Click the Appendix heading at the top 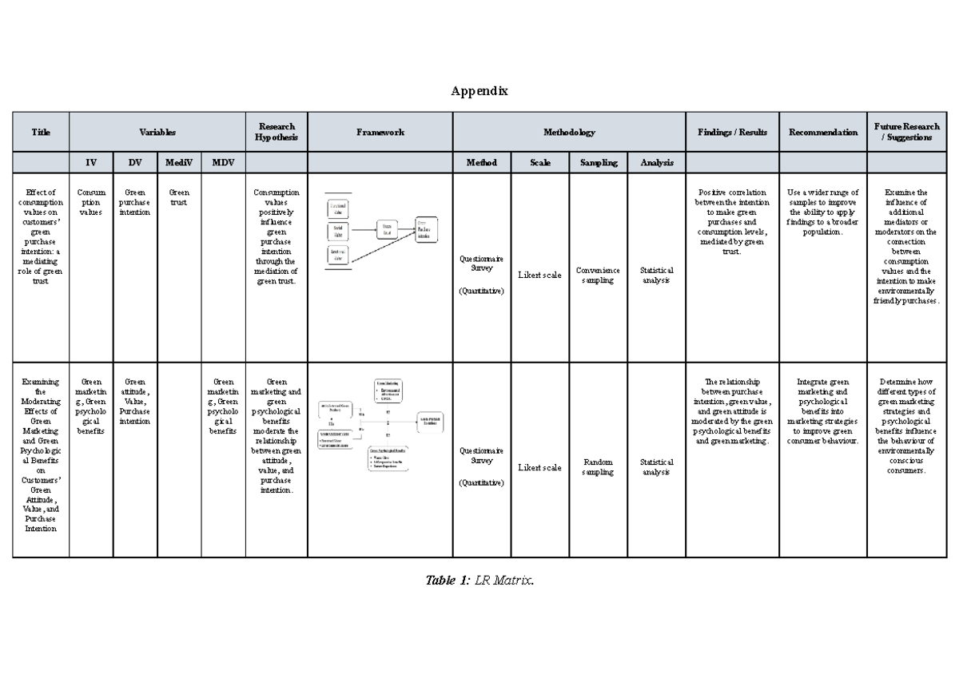point(479,91)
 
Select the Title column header point(41,132)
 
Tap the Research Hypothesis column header point(276,132)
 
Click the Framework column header point(380,132)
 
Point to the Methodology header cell point(568,132)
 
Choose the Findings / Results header point(732,132)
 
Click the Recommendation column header point(822,132)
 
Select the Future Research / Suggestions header point(906,132)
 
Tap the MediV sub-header point(179,162)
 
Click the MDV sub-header point(223,162)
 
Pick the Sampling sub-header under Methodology point(598,162)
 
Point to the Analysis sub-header point(656,162)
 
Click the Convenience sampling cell point(598,276)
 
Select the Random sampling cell point(598,467)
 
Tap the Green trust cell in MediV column point(179,197)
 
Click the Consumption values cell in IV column point(91,202)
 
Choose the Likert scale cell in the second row point(539,467)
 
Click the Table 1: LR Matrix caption point(479,581)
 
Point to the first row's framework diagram point(380,232)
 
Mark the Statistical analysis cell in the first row point(656,276)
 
